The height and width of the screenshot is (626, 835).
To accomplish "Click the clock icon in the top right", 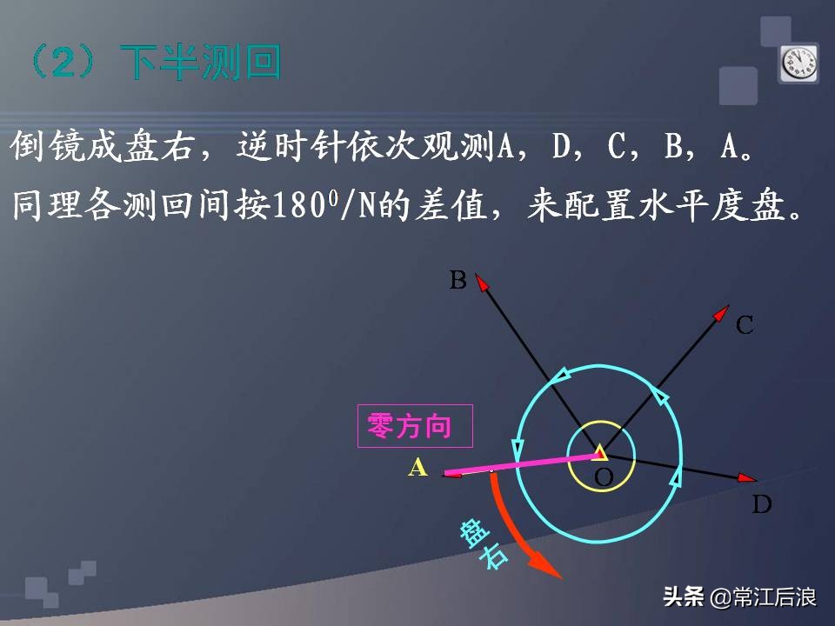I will [798, 63].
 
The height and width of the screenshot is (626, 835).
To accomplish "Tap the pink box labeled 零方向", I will [415, 426].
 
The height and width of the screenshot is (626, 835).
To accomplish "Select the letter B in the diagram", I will [458, 280].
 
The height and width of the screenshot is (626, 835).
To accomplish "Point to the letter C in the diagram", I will [745, 326].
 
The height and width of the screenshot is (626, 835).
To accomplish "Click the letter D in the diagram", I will [762, 504].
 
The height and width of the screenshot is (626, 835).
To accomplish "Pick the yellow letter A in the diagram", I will [418, 468].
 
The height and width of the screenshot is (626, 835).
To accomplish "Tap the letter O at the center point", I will [603, 477].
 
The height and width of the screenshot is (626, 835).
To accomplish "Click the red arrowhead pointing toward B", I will [484, 284].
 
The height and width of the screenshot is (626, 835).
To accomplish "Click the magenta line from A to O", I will [522, 463].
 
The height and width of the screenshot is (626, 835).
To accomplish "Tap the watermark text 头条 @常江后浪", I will [739, 597].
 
